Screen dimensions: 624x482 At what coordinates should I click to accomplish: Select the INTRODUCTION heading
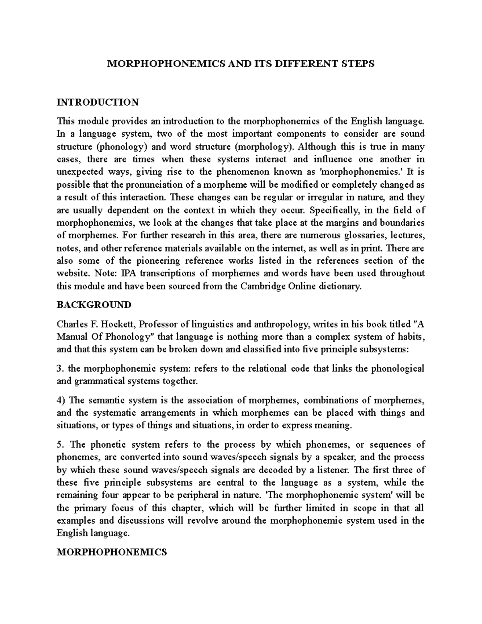point(98,102)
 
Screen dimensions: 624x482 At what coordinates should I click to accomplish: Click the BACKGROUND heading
point(94,305)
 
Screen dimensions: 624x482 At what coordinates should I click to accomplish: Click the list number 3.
point(60,368)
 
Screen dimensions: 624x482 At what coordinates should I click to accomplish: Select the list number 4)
point(61,400)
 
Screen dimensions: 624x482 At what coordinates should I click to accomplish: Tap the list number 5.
point(60,444)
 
